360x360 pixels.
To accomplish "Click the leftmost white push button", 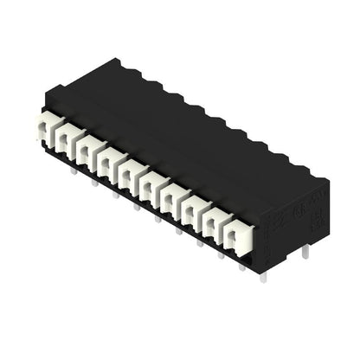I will pos(44,130).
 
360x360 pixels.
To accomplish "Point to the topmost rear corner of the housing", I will pos(115,60).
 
